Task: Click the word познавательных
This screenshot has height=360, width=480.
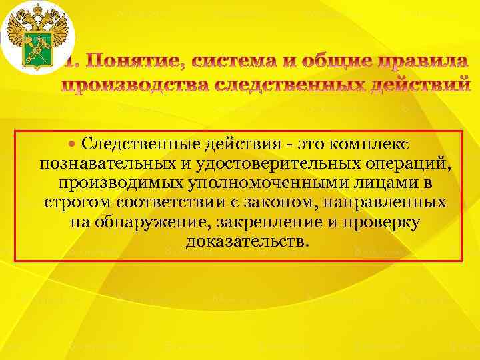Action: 96,163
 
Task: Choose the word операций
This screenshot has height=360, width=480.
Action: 409,163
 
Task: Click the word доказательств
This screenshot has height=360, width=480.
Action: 247,241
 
